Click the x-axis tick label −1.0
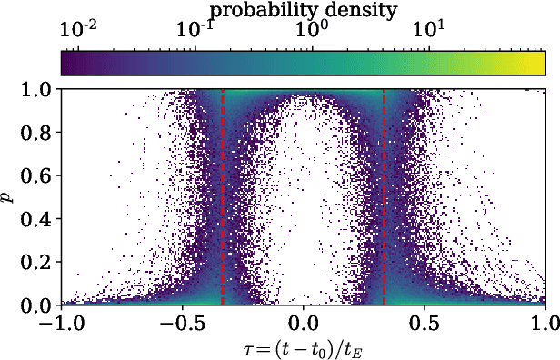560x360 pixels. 60,323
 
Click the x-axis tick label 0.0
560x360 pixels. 303,323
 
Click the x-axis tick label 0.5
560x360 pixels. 424,323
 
